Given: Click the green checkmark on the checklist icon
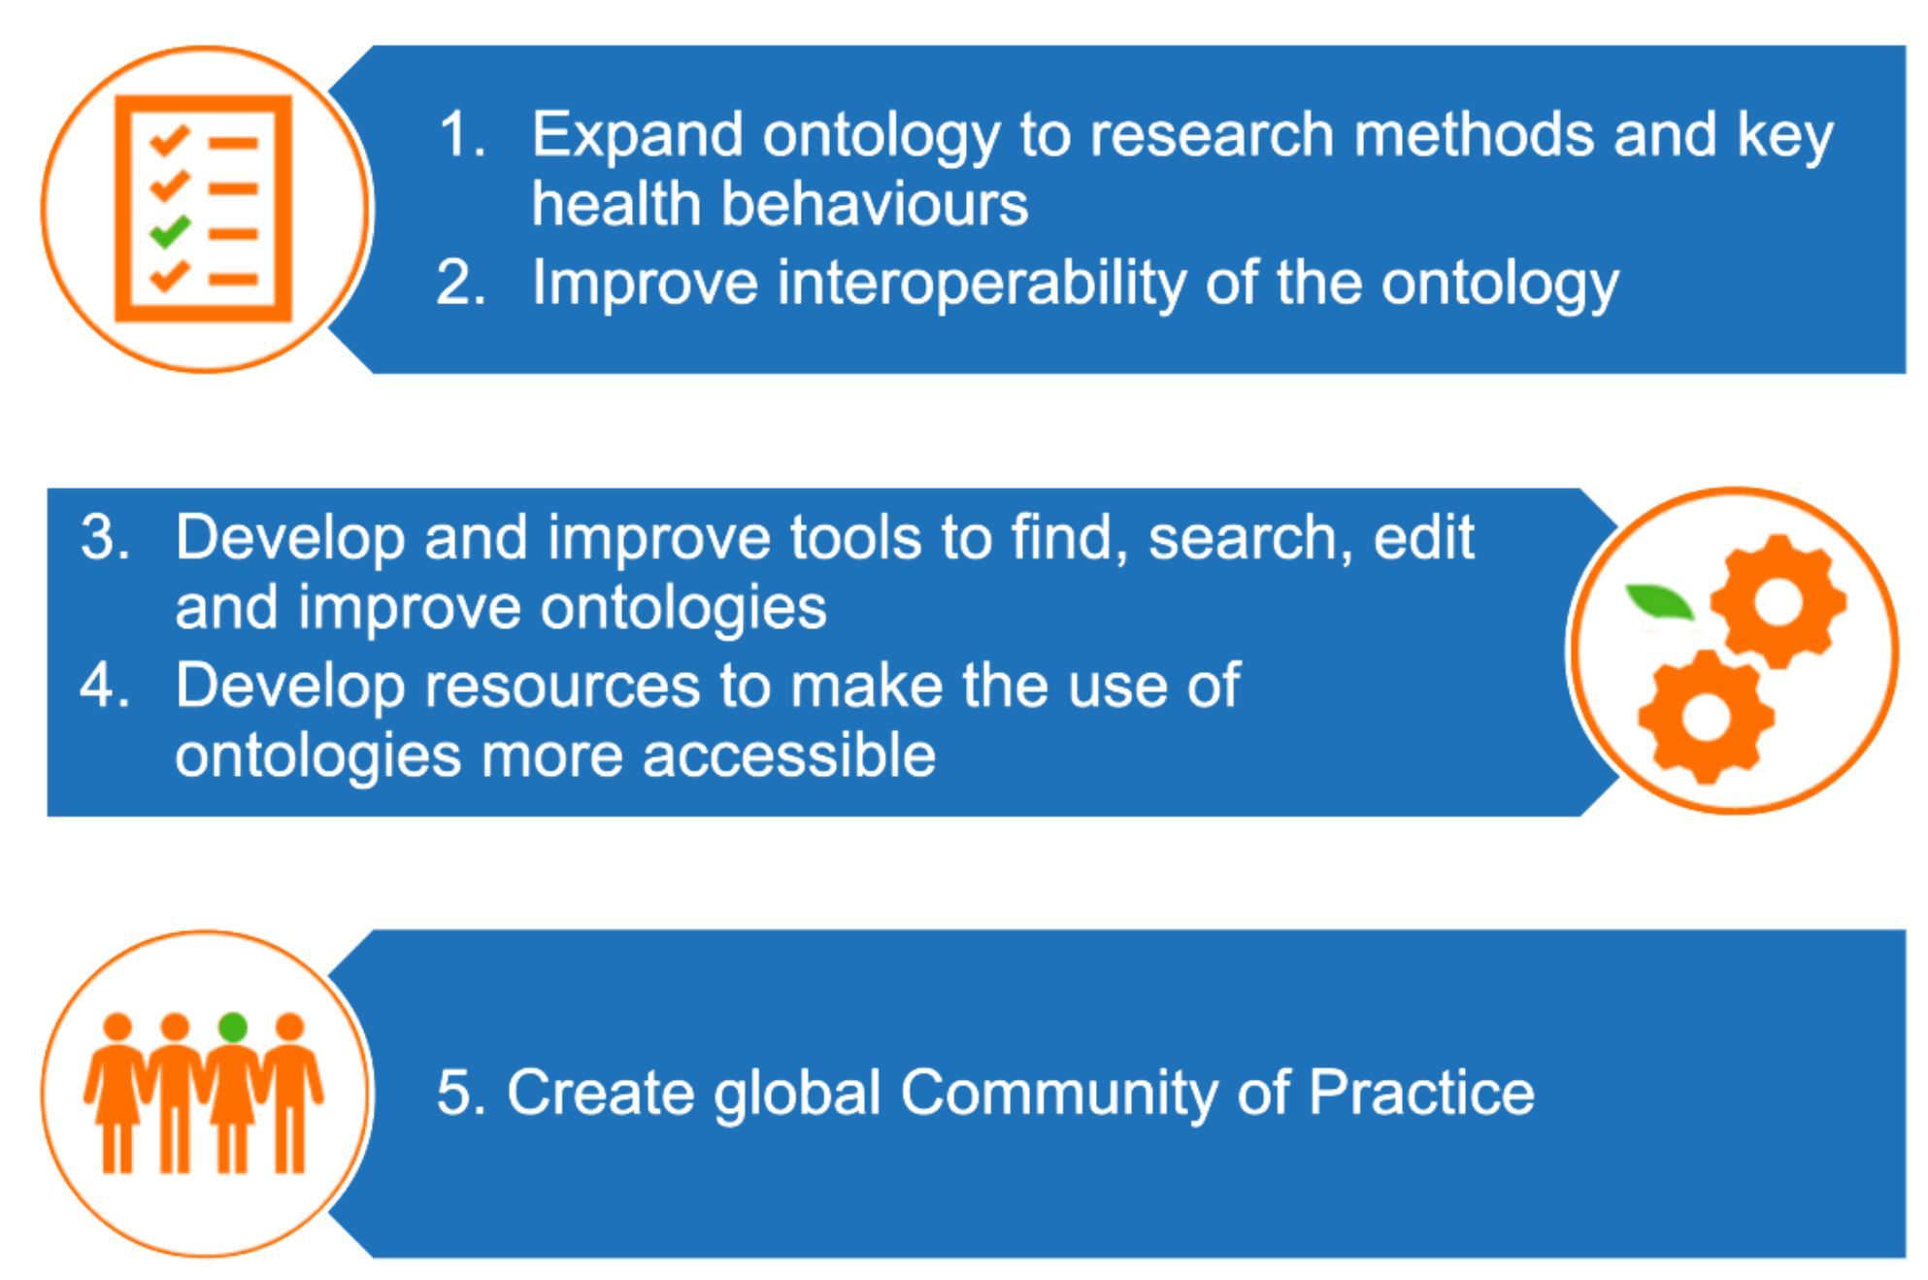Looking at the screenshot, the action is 170,231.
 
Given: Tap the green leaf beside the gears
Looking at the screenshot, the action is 1660,601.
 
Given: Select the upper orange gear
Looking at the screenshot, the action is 1778,601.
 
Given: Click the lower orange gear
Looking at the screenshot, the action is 1706,718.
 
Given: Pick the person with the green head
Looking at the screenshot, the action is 233,1093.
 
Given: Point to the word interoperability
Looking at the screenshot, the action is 981,284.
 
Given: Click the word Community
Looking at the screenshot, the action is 1059,1094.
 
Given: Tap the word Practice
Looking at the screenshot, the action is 1421,1092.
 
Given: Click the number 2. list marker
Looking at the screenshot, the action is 460,284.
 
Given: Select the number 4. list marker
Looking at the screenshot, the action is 105,685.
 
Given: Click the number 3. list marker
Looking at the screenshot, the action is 105,537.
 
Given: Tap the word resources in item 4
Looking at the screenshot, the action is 562,687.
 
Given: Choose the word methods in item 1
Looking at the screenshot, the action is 1474,134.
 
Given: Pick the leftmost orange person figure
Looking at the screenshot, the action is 117,1093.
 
